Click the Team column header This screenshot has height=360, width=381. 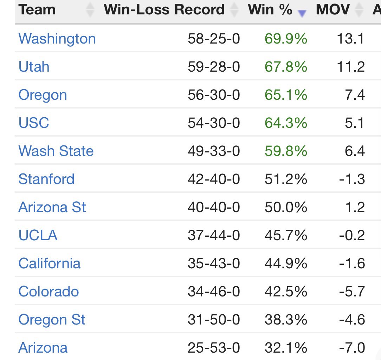coord(37,9)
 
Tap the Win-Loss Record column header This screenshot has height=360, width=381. coord(164,9)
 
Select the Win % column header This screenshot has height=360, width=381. coord(270,9)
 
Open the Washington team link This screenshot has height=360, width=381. coord(57,39)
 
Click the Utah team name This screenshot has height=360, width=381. coord(34,67)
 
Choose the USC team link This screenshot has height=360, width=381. coord(34,123)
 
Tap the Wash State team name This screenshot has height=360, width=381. coord(56,151)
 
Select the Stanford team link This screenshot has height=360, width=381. coord(46,179)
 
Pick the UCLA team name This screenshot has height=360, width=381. coord(38,235)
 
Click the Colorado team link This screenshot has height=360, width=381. coord(49,292)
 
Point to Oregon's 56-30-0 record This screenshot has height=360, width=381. coord(214,95)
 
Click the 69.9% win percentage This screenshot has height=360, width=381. coord(286,39)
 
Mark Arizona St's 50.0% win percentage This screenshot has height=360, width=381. coord(286,208)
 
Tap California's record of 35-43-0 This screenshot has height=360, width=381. coord(214,264)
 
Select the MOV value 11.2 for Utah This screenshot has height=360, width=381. coord(350,67)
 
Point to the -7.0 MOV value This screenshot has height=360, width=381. coord(352,348)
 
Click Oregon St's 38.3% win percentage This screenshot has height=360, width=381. coord(286,320)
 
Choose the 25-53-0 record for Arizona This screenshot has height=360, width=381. coord(214,348)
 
